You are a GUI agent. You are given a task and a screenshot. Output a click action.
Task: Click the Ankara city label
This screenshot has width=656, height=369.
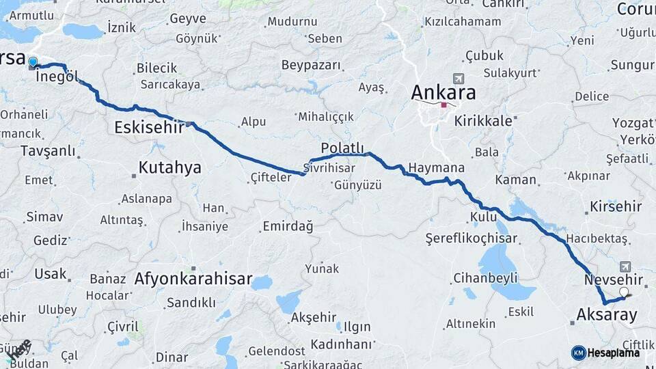click(443, 92)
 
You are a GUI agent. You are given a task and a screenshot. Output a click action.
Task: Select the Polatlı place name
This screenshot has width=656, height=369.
click(342, 148)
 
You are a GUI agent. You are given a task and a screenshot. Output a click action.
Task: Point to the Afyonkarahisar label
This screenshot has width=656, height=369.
click(193, 279)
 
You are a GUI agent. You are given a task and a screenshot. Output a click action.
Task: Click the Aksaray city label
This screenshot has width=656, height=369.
click(607, 315)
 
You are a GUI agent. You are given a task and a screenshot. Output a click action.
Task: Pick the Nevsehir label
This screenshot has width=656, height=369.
click(614, 280)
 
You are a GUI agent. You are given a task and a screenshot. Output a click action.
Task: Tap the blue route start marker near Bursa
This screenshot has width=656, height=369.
click(33, 63)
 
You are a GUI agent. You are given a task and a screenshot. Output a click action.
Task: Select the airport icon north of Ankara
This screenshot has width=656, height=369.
click(457, 79)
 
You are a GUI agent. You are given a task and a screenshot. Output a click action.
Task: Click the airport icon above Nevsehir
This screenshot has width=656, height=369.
click(626, 266)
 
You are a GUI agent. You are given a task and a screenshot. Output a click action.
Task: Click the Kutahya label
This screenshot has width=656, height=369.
click(169, 167)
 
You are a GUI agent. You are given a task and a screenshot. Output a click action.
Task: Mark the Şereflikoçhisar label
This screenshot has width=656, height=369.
click(471, 239)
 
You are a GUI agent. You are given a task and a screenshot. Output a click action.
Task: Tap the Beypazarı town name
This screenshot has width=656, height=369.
click(311, 65)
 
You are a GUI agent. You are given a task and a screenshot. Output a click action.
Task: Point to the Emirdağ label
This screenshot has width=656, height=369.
click(288, 225)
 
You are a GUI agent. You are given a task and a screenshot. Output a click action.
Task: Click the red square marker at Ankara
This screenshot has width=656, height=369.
click(443, 105)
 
